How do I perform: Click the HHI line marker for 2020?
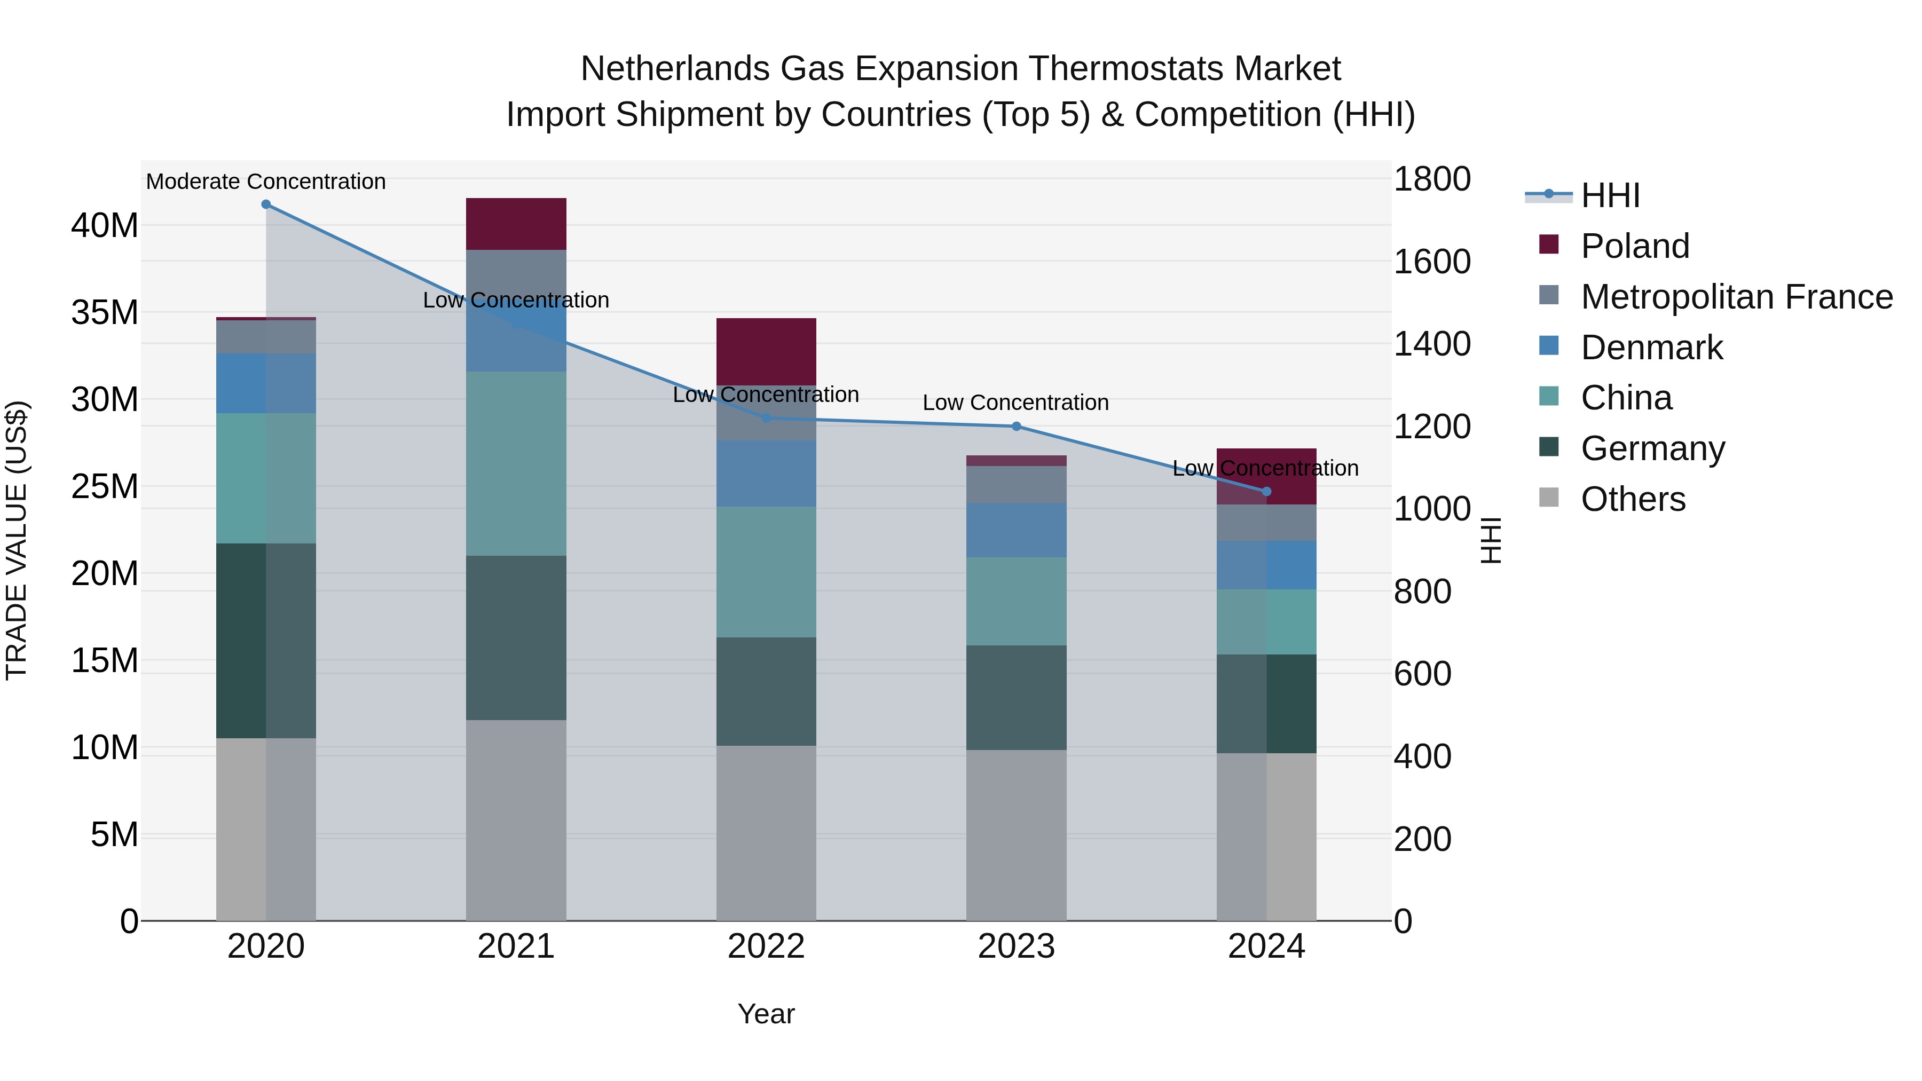click(x=266, y=204)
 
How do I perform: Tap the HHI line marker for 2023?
click(x=1016, y=427)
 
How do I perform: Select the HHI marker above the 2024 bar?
click(x=1266, y=492)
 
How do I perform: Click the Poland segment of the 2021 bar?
click(x=516, y=224)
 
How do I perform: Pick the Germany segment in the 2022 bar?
click(x=766, y=691)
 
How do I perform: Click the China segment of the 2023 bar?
click(x=1016, y=601)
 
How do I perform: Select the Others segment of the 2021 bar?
click(x=516, y=820)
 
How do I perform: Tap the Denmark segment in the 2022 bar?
click(x=766, y=474)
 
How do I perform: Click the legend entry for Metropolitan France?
click(x=1736, y=297)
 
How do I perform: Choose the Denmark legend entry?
click(x=1651, y=348)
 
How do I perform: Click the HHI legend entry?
click(x=1610, y=195)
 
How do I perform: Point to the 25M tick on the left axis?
click(x=105, y=486)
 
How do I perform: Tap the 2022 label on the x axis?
click(x=766, y=946)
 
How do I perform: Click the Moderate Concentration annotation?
click(x=266, y=182)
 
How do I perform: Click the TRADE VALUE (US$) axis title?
click(x=17, y=540)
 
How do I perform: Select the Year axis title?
click(x=766, y=1014)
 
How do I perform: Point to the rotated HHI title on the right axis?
click(x=1490, y=540)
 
